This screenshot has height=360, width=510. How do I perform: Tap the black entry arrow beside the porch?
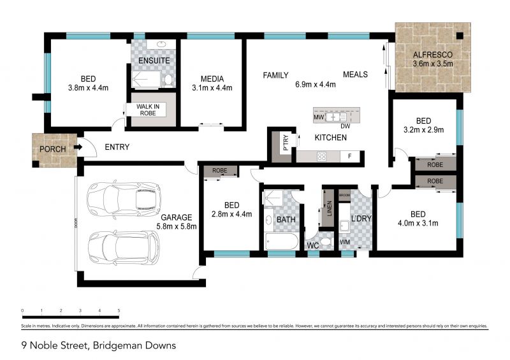[x=78, y=148]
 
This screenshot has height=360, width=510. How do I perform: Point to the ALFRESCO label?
[x=433, y=54]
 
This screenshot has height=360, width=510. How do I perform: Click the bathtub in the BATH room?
[x=279, y=243]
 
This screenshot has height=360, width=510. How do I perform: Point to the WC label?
[x=313, y=245]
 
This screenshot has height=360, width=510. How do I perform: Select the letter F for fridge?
[x=349, y=156]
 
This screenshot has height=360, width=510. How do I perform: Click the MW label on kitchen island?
[x=317, y=118]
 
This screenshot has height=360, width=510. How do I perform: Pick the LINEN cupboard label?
[x=329, y=212]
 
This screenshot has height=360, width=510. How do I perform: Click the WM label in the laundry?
[x=345, y=241]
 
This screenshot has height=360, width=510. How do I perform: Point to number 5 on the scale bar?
[x=119, y=311]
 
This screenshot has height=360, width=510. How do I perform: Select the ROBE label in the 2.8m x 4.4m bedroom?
[x=220, y=171]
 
